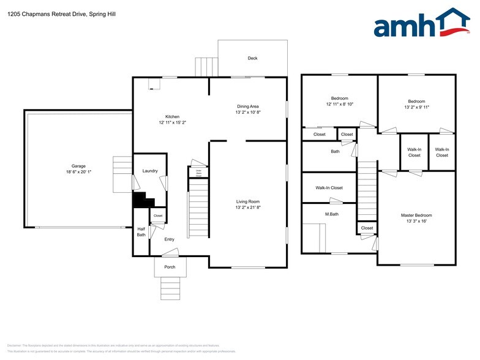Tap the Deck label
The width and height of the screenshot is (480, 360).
(x=252, y=58)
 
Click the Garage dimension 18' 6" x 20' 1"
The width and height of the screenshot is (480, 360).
(x=78, y=172)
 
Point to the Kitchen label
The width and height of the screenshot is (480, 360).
(x=172, y=117)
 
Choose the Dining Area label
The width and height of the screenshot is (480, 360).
(x=248, y=106)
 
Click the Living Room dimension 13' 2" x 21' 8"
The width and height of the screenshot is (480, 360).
(x=248, y=208)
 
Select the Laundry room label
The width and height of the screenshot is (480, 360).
(x=150, y=171)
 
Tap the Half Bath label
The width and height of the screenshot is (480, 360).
(x=141, y=231)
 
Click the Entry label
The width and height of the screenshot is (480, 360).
(x=170, y=239)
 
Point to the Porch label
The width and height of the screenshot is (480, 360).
(x=170, y=267)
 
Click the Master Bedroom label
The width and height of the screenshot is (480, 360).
(x=416, y=215)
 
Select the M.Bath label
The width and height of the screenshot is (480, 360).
(x=332, y=214)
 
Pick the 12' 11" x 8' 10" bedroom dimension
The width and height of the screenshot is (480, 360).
(x=339, y=104)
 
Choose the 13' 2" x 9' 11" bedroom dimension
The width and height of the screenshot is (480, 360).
(x=416, y=107)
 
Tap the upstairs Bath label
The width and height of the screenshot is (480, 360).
(x=335, y=151)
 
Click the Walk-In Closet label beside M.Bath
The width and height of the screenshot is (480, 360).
(x=329, y=188)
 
